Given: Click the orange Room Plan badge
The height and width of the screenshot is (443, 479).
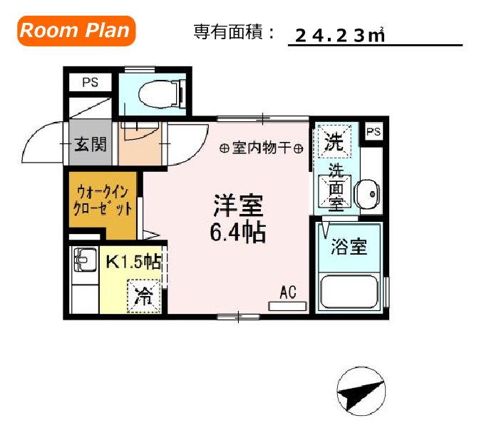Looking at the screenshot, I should coord(76,30).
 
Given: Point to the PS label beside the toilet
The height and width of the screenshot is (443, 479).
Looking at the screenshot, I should coord(90,83).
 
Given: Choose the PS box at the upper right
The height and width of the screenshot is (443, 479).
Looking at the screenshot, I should coord(374,132).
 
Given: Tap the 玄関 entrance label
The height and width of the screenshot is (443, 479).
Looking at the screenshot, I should coord(91,144).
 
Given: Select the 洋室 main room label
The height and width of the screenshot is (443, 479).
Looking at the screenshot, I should coord(238,205).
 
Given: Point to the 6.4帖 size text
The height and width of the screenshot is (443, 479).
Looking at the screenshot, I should coord(238,232).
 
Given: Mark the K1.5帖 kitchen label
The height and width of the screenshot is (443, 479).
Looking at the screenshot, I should coord(133,262).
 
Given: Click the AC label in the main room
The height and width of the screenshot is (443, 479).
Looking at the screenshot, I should coord(288,292).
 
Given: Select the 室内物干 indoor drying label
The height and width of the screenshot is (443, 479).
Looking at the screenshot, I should coord(261,148).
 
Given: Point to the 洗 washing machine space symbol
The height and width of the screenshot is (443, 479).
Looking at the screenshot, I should coord(334,141).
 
